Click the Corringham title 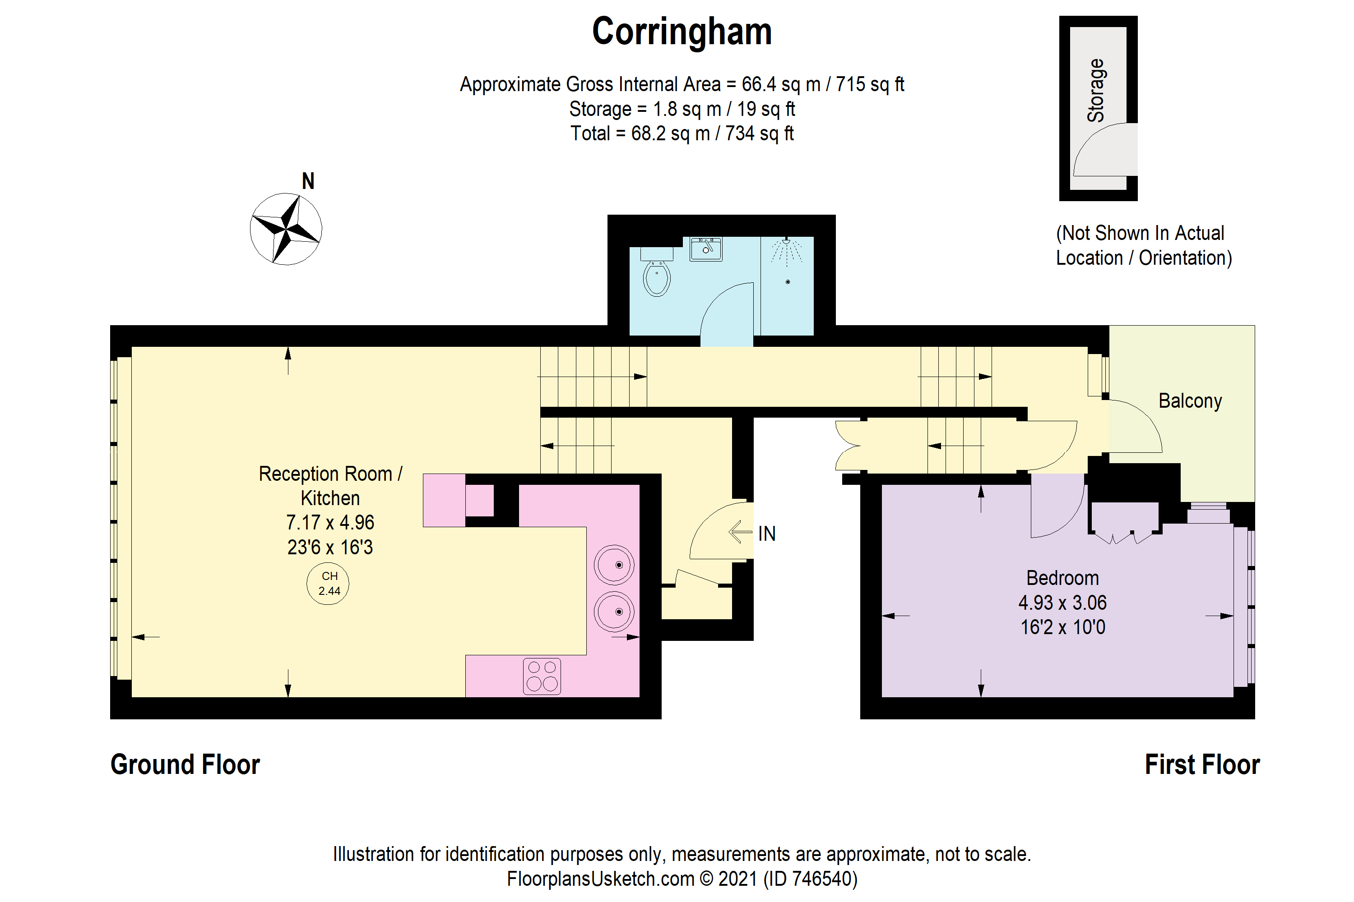(682, 32)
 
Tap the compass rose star (286, 229)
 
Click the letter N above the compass (308, 182)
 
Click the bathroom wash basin (706, 249)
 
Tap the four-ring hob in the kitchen (542, 676)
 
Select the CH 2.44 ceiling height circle (328, 583)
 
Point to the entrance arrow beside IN (740, 532)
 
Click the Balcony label (1190, 401)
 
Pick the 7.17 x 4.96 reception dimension (330, 522)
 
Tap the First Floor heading (1202, 764)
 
